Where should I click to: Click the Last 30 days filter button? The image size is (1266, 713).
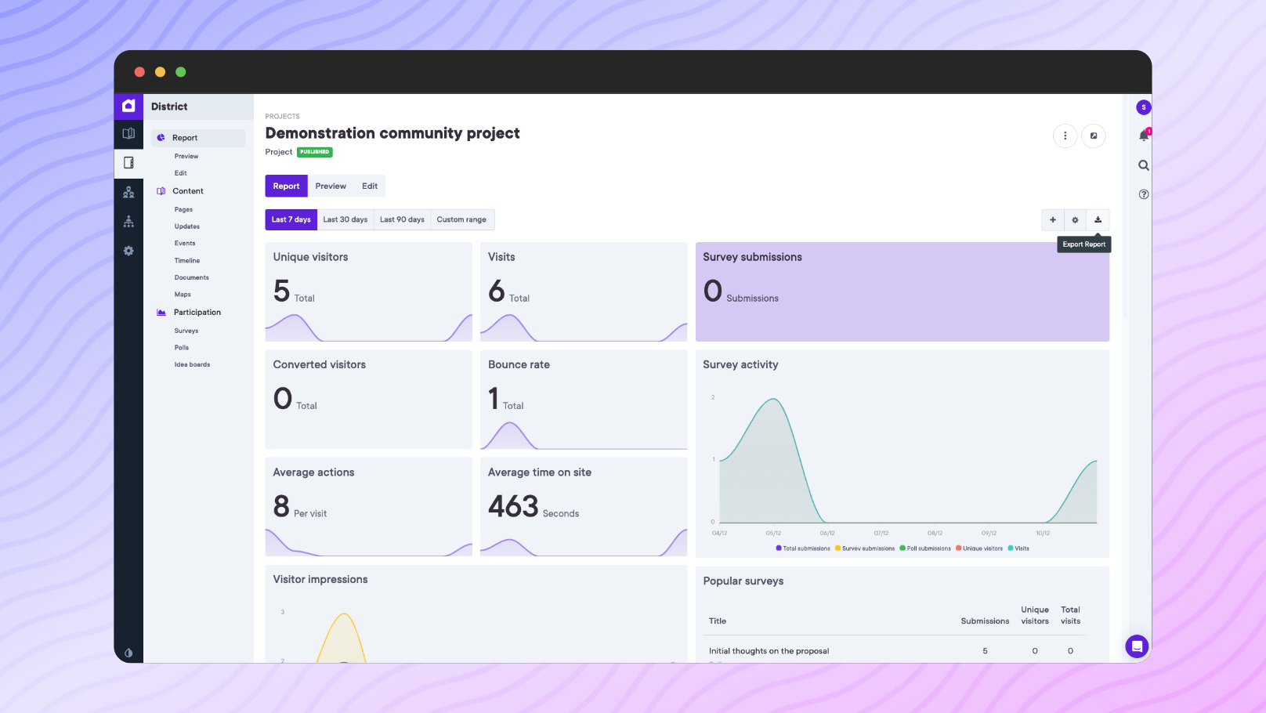[x=345, y=219]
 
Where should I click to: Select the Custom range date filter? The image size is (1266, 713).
[x=461, y=219]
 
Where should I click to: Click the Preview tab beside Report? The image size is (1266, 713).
[x=331, y=186]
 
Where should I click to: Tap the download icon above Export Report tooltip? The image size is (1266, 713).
[x=1098, y=220]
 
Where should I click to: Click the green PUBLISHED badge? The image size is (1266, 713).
[x=315, y=152]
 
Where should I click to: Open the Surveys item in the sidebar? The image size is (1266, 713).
[x=186, y=331]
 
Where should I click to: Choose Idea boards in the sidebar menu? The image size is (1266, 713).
[x=192, y=364]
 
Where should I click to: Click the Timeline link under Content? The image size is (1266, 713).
[x=187, y=261]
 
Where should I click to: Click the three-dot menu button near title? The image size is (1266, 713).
[x=1065, y=136]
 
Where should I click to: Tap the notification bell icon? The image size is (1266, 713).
[x=1143, y=136]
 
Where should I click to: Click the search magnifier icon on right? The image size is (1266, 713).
[x=1143, y=165]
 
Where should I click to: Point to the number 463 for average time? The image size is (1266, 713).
[x=513, y=507]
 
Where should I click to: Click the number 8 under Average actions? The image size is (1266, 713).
[x=281, y=507]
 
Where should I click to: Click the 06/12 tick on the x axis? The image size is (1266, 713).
[x=827, y=533]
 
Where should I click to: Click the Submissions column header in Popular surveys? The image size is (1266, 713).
[x=985, y=621]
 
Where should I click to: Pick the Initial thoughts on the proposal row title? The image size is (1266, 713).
[x=769, y=651]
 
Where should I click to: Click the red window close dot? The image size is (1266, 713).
[x=139, y=72]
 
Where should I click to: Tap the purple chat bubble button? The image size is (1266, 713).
[x=1137, y=646]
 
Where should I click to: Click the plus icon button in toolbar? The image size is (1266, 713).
[x=1052, y=220]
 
